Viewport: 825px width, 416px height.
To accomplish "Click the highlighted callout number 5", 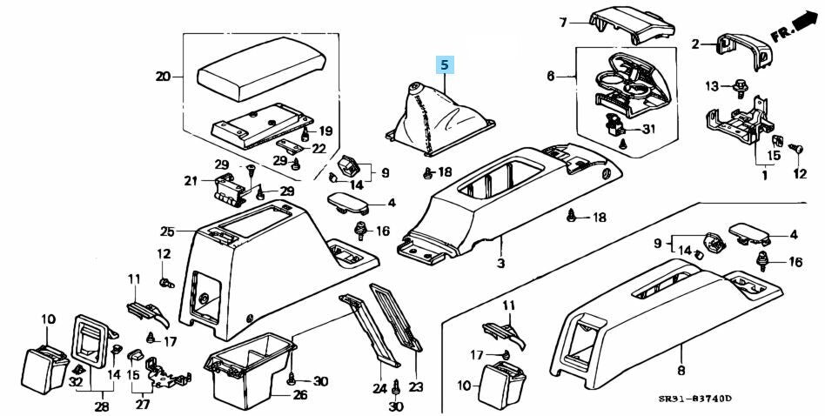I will (445, 64).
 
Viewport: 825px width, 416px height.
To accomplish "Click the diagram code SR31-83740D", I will (695, 399).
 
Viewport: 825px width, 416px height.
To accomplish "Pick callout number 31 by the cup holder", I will (647, 130).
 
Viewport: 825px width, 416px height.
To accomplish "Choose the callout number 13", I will (712, 85).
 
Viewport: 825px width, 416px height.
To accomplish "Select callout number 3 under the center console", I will (500, 264).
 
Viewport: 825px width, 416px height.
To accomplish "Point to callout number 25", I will (167, 231).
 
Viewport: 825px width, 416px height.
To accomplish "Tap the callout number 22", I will (319, 148).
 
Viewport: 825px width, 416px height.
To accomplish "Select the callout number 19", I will (325, 131).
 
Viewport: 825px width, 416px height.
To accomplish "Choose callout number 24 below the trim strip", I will (379, 388).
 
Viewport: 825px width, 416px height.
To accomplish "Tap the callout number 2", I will (695, 44).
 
